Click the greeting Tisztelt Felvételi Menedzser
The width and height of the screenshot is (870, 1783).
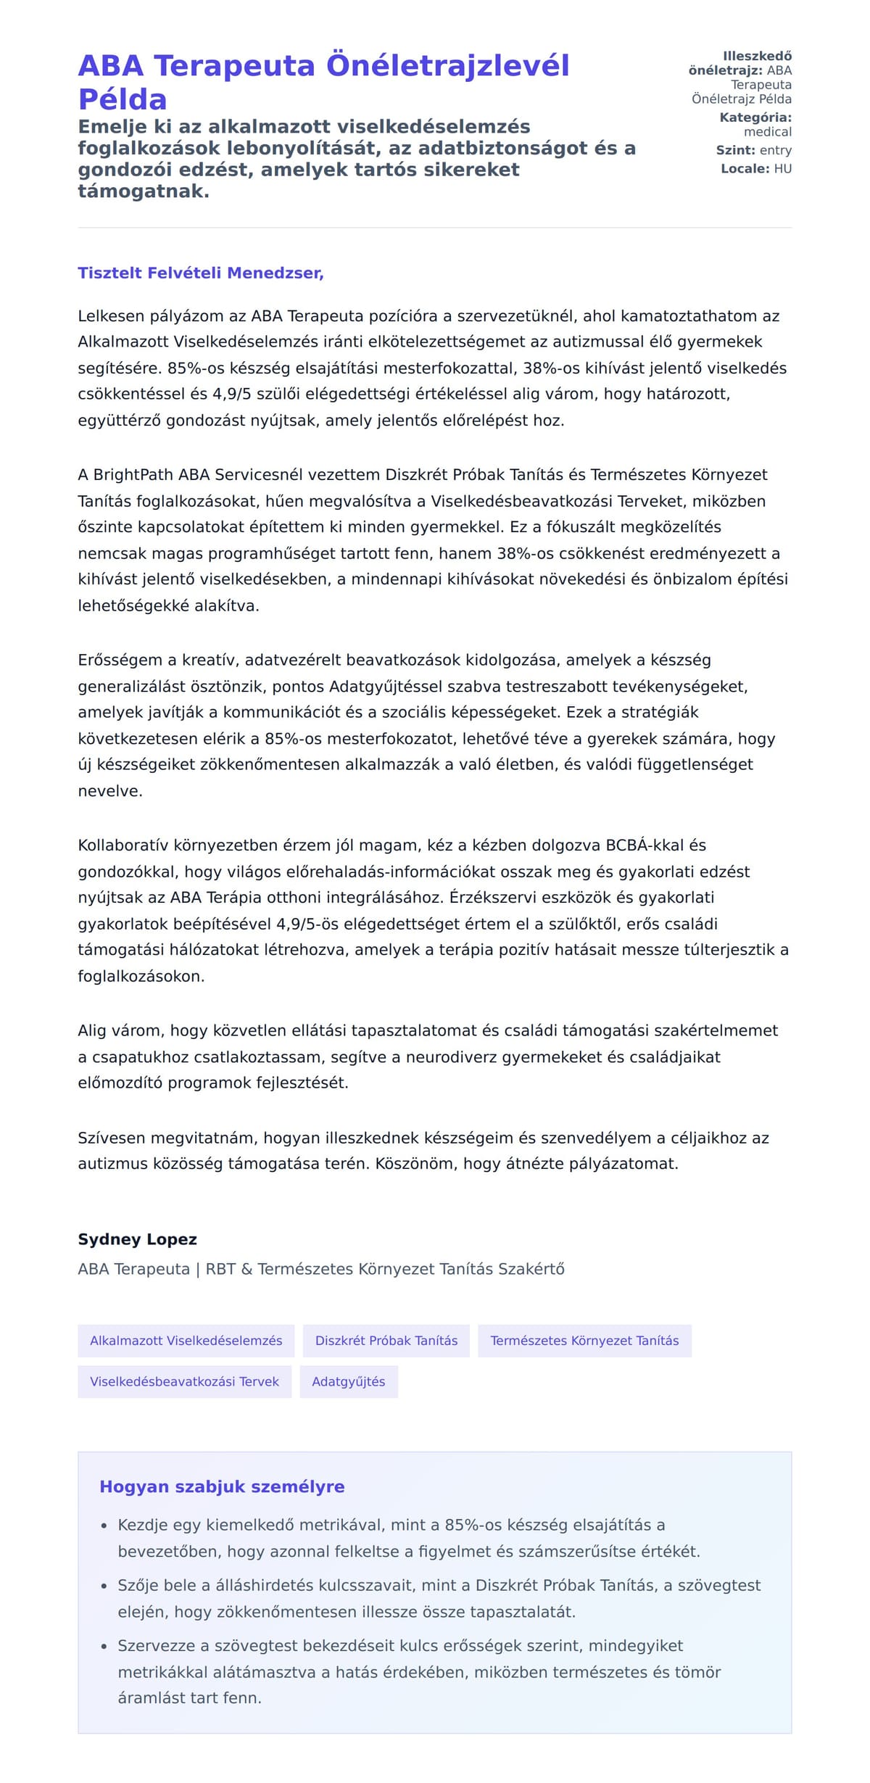pyautogui.click(x=200, y=273)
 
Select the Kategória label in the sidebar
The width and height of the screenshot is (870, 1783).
pyautogui.click(x=755, y=117)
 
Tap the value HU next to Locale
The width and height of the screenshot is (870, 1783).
pyautogui.click(x=782, y=168)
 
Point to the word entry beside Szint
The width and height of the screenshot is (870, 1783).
pyautogui.click(x=775, y=150)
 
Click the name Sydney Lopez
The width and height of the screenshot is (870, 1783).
pyautogui.click(x=137, y=1238)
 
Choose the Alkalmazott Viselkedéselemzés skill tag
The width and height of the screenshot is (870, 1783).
pyautogui.click(x=186, y=1340)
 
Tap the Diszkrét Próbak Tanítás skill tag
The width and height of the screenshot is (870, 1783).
pyautogui.click(x=386, y=1340)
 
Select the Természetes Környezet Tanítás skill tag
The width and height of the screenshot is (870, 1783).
pyautogui.click(x=584, y=1340)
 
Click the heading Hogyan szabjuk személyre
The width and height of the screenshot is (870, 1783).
pyautogui.click(x=222, y=1486)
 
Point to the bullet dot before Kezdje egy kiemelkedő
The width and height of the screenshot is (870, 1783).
pyautogui.click(x=104, y=1526)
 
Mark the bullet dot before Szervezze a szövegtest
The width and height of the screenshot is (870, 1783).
pyautogui.click(x=104, y=1647)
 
